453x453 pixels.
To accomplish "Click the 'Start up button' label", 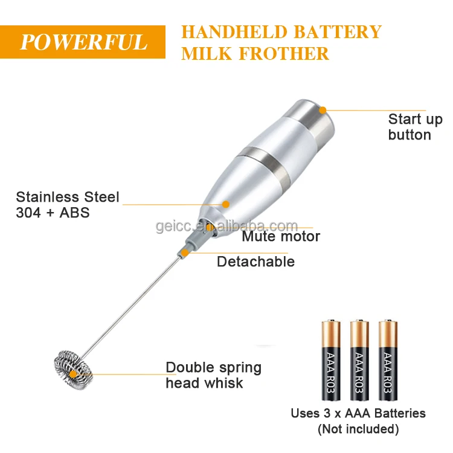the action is (415, 127).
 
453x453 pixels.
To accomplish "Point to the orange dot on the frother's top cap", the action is (323, 110).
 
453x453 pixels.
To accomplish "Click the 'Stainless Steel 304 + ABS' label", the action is (68, 205).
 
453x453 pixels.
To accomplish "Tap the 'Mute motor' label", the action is (281, 236).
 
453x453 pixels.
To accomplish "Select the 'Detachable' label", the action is (255, 262).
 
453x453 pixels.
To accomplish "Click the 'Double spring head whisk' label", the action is (214, 375).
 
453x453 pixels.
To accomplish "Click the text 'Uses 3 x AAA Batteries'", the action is (358, 414).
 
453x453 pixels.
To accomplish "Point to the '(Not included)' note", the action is (359, 429).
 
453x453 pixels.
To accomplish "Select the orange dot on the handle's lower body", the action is (226, 204).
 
